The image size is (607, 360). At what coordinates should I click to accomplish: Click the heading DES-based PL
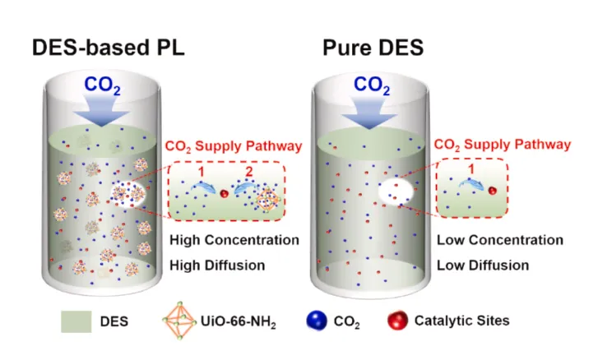108,47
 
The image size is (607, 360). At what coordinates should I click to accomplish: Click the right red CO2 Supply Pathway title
502,145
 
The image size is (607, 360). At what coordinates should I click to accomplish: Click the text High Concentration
234,241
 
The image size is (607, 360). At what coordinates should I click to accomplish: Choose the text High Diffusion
217,265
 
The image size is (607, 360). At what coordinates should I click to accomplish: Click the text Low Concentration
500,241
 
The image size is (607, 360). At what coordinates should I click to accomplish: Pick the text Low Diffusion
483,265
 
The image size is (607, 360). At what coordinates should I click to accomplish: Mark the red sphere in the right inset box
492,191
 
